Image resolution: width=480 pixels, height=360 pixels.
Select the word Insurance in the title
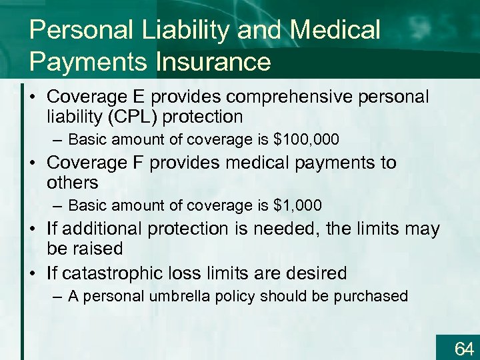click(213, 62)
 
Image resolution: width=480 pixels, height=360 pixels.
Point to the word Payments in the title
click(89, 62)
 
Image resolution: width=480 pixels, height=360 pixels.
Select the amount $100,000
click(306, 140)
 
